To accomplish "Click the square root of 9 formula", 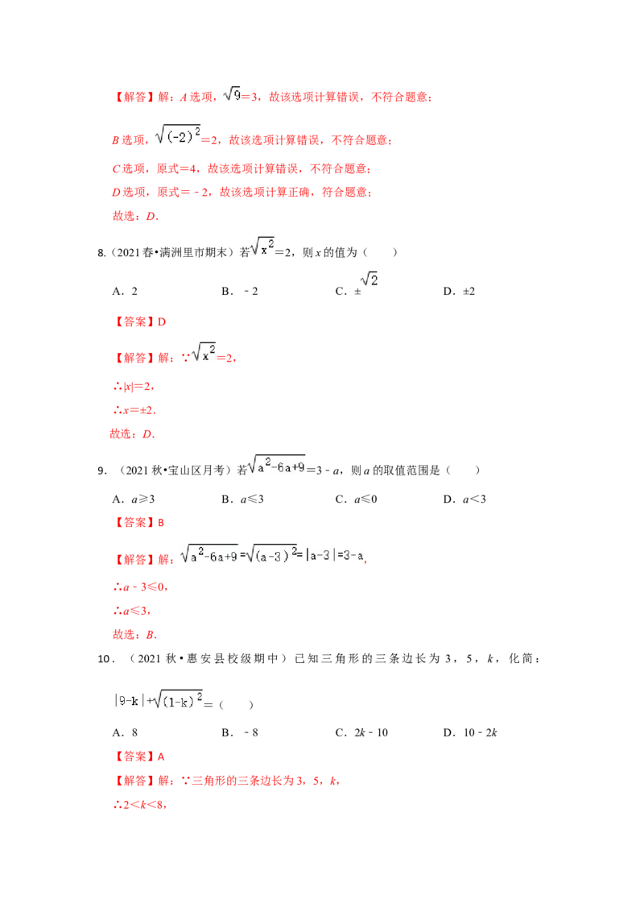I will pos(232,94).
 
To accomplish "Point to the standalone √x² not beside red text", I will pos(262,246).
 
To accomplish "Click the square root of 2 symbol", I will pos(368,280).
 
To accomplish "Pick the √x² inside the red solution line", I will pos(203,354).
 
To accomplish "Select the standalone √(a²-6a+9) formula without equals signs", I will pos(278,465).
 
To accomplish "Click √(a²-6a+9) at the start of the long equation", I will pos(208,554).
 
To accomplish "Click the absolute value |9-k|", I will pos(126,700).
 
